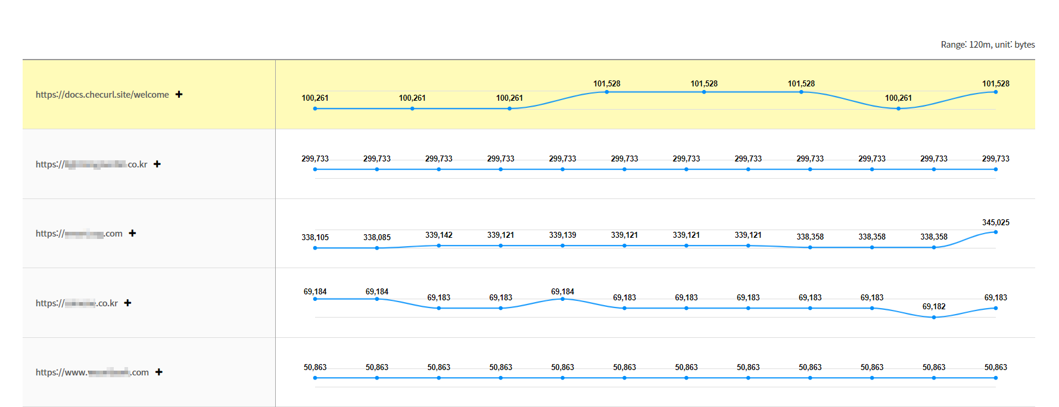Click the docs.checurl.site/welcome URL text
102,95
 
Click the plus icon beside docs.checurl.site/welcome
179,94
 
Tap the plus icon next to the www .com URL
159,372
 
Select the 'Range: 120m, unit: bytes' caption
988,45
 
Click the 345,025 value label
995,222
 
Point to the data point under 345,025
995,232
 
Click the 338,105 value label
315,237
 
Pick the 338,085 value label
377,237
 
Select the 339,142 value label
439,235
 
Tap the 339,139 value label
562,235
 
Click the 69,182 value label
934,306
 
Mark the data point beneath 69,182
934,317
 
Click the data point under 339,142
439,246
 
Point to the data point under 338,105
315,248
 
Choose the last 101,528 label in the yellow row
995,83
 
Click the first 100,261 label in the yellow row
315,98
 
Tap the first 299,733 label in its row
315,159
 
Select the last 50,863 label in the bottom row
995,367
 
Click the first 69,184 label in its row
315,291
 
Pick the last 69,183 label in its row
995,297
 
